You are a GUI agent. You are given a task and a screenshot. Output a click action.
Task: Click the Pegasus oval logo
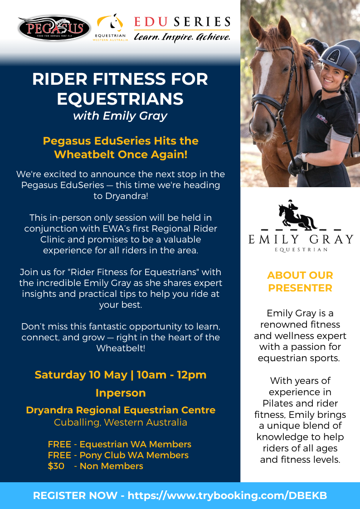tap(54, 29)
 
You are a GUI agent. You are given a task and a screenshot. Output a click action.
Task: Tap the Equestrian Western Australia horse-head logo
tap(110, 23)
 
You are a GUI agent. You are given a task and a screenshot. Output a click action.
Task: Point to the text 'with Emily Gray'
tap(120, 116)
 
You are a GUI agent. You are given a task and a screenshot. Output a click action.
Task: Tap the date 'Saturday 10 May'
tap(81, 374)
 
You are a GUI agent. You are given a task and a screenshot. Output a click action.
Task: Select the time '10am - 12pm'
tap(171, 374)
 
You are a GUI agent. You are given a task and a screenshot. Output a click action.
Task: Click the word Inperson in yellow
tap(121, 393)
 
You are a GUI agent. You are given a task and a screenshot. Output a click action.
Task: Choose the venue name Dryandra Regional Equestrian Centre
tap(121, 410)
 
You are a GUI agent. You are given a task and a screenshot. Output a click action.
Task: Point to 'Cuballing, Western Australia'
tap(121, 422)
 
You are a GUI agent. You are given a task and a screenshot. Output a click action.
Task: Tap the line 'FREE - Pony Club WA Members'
tap(118, 455)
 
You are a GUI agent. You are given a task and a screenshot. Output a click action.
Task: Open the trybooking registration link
tap(227, 496)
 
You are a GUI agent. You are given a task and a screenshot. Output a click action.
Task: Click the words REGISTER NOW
tap(75, 496)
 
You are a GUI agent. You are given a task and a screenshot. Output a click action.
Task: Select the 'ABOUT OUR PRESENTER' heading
tap(300, 281)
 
